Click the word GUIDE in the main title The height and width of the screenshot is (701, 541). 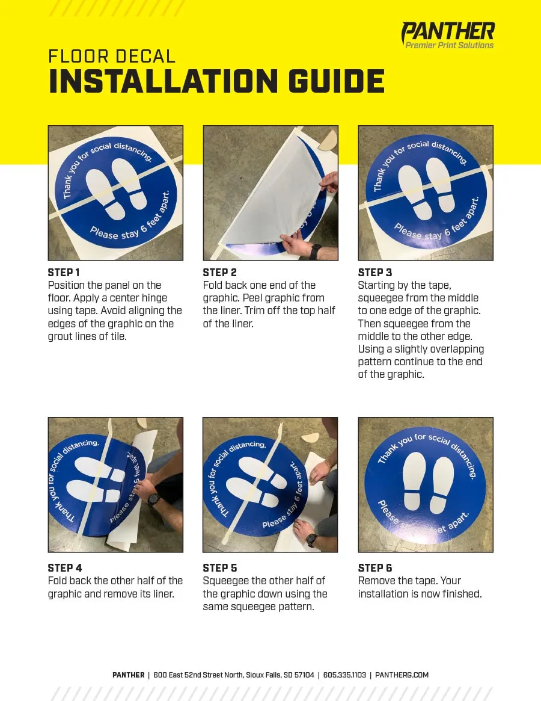point(337,81)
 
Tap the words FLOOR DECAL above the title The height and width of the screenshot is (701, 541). point(112,57)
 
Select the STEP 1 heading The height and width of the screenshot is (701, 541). point(64,272)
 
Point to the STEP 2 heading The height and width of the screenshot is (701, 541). point(219,272)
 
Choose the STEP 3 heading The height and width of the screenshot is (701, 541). point(375,272)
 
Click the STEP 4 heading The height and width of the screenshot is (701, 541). point(65,568)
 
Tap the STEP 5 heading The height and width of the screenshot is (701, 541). point(220,568)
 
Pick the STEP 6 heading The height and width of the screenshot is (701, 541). point(375,568)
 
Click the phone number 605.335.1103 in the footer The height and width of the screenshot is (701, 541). point(344,675)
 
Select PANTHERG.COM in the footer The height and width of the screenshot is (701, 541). point(402,675)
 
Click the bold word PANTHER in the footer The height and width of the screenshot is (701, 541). point(128,675)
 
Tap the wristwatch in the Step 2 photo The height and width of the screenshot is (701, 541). point(315,252)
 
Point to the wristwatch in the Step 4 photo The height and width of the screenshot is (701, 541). point(154,499)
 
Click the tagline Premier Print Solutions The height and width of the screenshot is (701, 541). point(450,45)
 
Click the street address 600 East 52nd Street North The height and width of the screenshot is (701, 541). point(198,675)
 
